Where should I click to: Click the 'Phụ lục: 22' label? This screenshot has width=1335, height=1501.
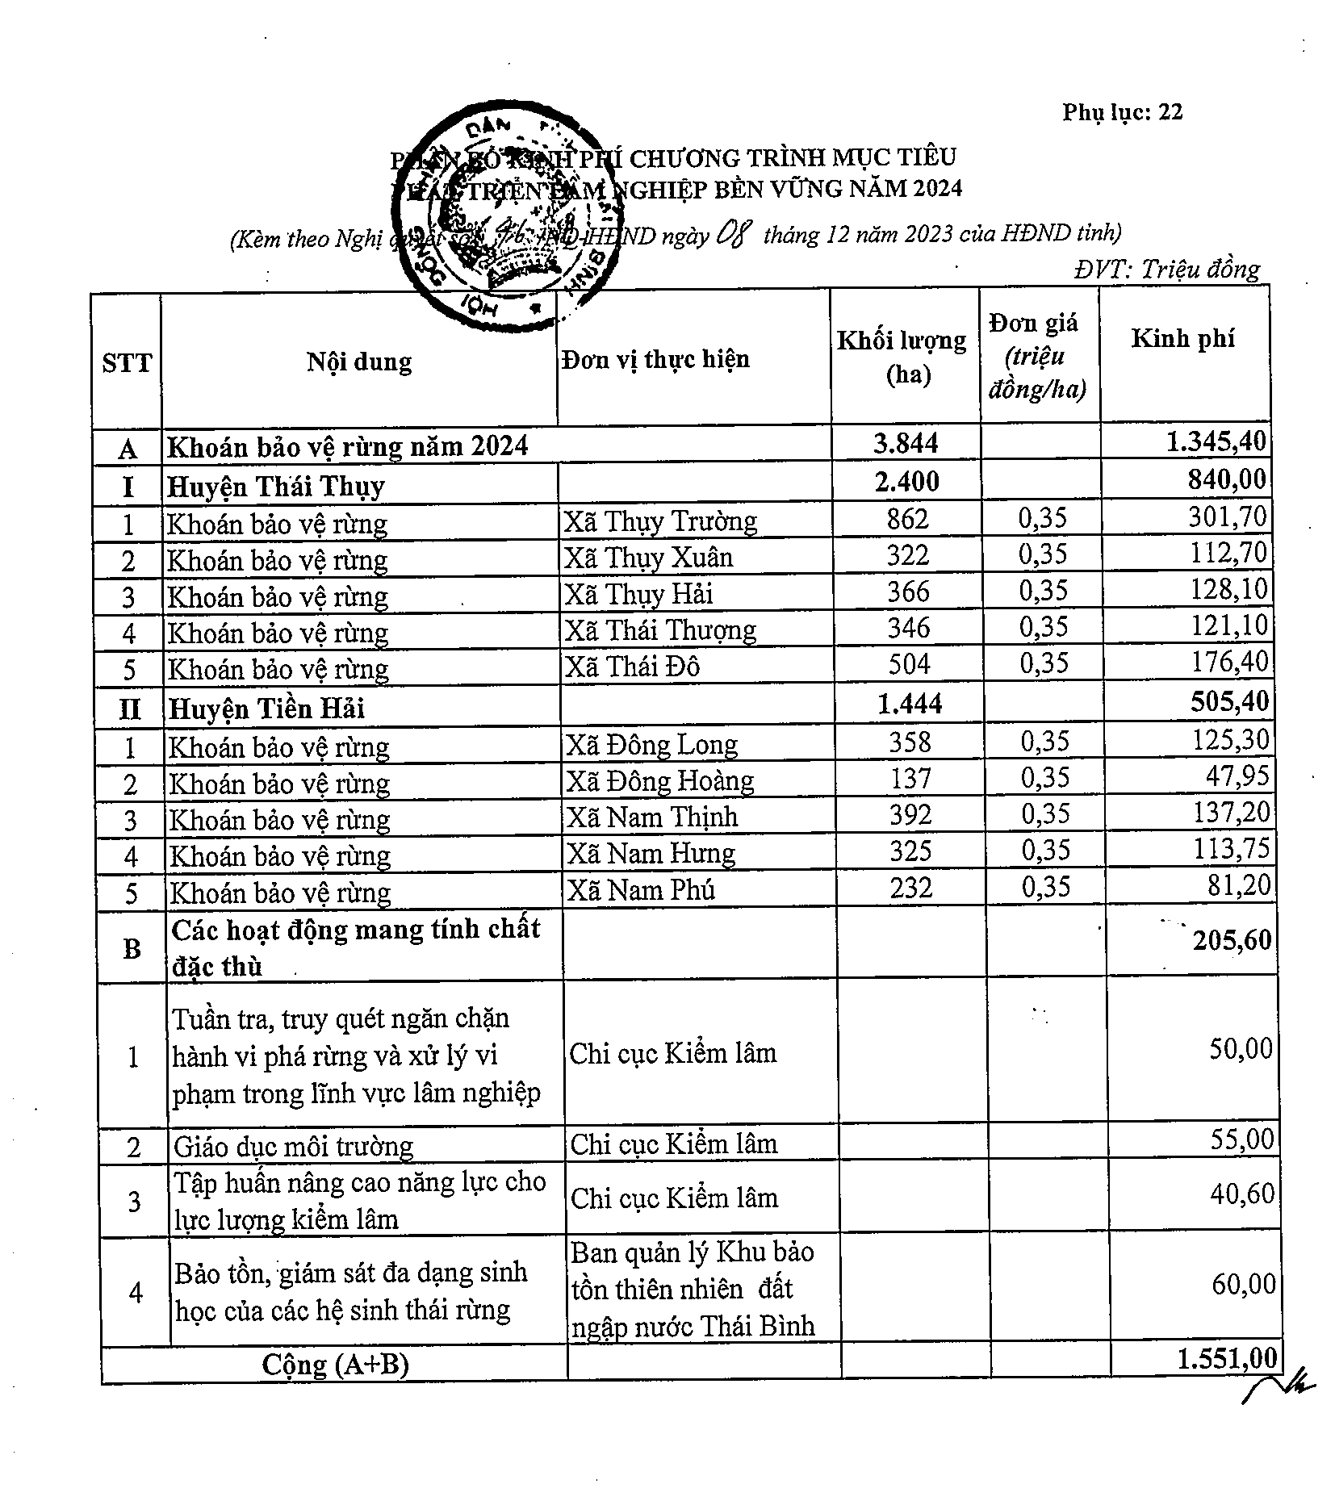(x=1122, y=112)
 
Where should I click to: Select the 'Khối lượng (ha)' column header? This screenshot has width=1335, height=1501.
(x=902, y=356)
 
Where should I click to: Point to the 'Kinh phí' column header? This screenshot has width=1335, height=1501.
(x=1182, y=338)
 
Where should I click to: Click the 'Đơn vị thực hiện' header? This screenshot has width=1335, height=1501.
(x=655, y=359)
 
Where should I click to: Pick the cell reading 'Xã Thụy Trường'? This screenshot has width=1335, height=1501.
(x=660, y=521)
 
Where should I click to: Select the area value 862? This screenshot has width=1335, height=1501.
(x=907, y=519)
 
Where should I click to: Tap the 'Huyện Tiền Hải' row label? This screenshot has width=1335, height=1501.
(x=266, y=708)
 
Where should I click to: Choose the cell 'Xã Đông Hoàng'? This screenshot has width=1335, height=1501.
(x=659, y=780)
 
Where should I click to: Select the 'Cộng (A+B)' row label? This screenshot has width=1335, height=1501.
(x=335, y=1364)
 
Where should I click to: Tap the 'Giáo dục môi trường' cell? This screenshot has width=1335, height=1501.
(x=293, y=1147)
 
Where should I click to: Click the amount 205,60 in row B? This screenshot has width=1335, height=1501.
(x=1232, y=940)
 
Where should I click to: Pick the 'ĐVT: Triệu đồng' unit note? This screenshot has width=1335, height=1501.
(x=1166, y=269)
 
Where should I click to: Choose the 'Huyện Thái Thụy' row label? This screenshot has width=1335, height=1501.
(x=276, y=487)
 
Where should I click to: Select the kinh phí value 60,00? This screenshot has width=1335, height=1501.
(x=1243, y=1283)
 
